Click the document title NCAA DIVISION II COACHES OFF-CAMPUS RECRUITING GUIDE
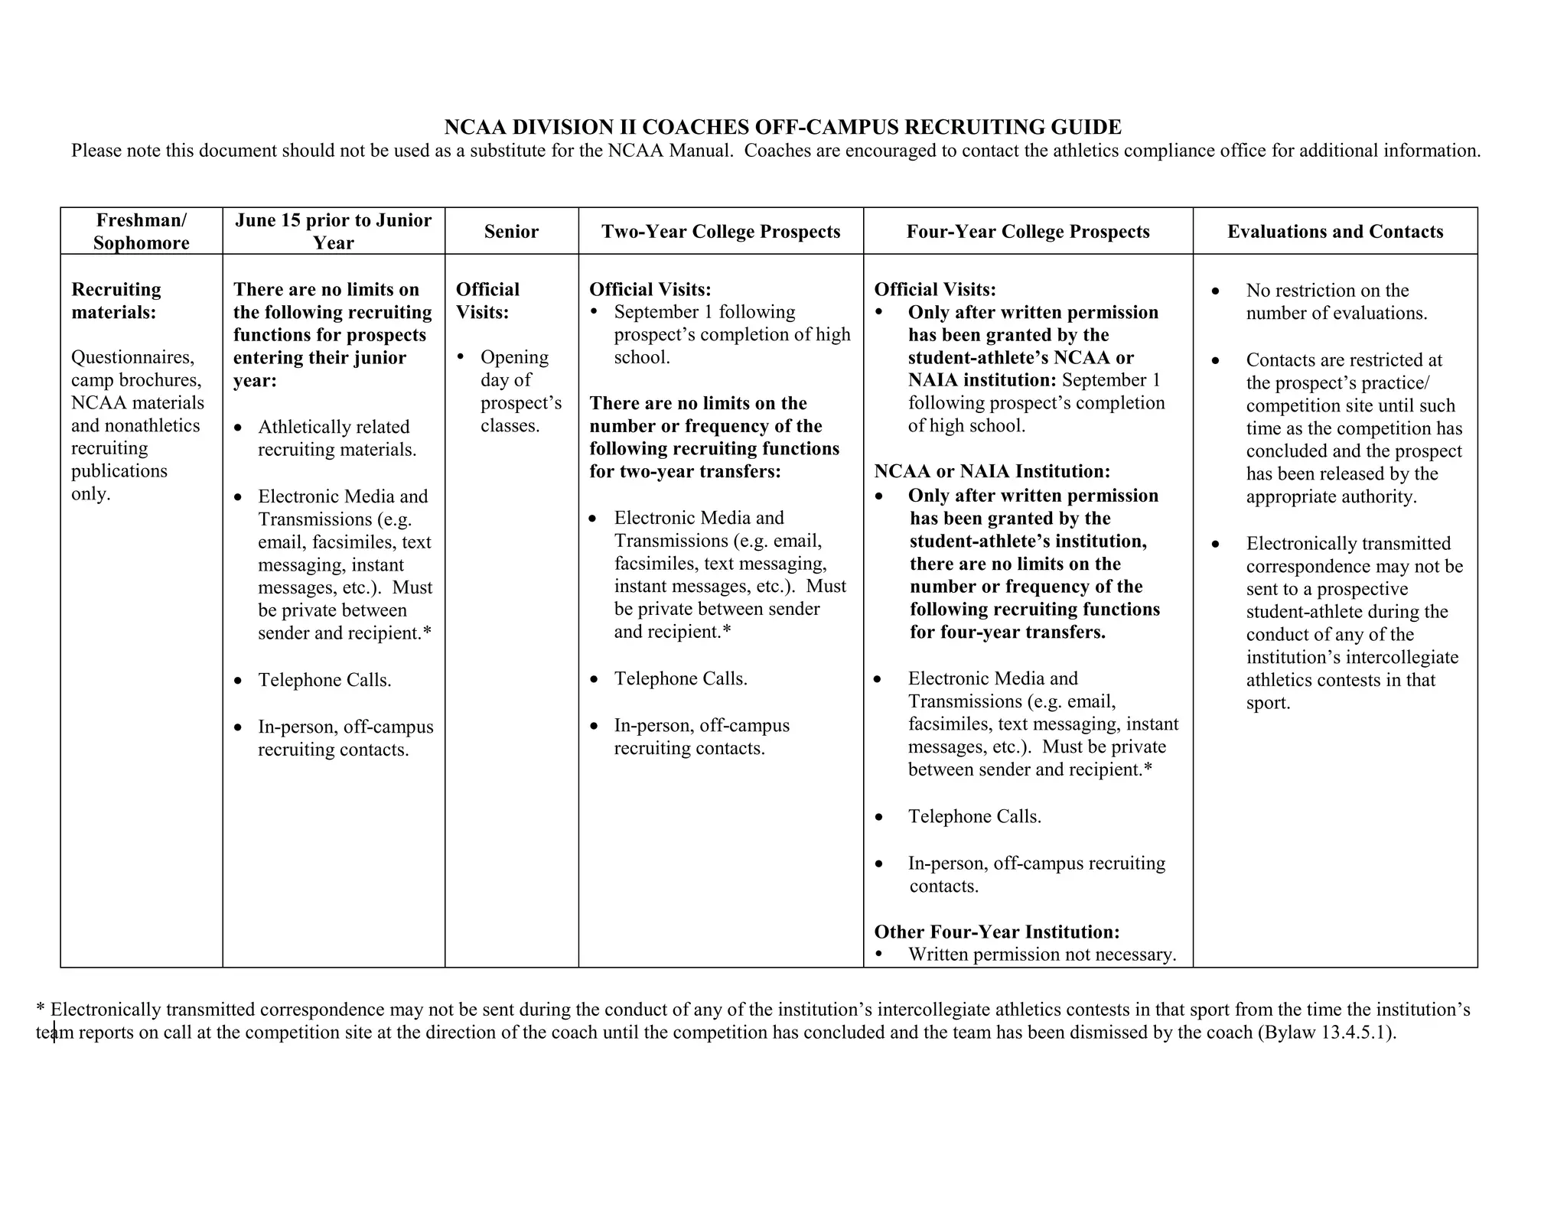point(783,127)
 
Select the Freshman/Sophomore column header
point(142,231)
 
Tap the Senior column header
point(511,231)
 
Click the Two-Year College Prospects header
point(721,231)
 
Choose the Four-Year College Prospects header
point(1028,231)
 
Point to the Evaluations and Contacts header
point(1335,231)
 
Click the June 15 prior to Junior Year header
point(334,231)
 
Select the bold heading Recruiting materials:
point(116,301)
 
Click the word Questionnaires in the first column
point(132,357)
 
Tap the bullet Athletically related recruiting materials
point(337,437)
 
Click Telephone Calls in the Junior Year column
point(324,680)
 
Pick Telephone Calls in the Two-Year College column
point(680,678)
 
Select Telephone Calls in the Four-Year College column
point(974,816)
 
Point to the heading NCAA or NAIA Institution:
point(992,471)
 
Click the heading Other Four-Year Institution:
point(997,932)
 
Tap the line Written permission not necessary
point(1041,955)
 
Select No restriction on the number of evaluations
point(1335,301)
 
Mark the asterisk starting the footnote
point(41,1008)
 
